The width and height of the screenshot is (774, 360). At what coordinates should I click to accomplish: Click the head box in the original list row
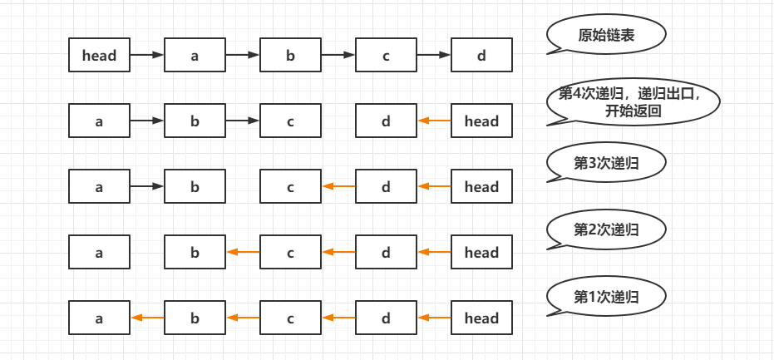coord(99,56)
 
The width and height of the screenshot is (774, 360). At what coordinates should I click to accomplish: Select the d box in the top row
coord(481,56)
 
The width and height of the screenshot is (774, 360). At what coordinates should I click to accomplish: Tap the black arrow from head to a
coord(147,56)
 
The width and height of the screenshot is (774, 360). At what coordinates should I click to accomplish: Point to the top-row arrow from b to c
coord(338,56)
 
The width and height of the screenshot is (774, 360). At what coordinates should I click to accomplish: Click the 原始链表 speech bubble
coord(607,35)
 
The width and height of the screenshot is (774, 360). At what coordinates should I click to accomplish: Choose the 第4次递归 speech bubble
coord(633,101)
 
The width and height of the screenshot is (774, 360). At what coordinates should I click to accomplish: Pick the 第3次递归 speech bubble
coord(607,163)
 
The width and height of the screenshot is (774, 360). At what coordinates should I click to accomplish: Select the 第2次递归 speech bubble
coord(607,229)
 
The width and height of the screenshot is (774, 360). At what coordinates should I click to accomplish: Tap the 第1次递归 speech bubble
coord(607,295)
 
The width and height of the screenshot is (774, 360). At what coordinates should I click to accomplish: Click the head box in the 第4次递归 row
coord(481,121)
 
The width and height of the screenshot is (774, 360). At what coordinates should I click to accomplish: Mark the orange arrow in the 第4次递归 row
coord(434,121)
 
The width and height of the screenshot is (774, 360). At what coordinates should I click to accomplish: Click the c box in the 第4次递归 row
coord(290,121)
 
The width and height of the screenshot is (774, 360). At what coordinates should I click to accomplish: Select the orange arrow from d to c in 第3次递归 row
coord(338,187)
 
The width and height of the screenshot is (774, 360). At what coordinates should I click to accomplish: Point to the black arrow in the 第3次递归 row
coord(147,187)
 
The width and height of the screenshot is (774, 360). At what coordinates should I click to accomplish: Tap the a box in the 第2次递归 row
coord(99,253)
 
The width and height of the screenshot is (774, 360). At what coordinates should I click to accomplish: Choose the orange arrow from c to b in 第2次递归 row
coord(243,253)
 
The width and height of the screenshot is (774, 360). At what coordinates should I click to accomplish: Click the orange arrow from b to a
coord(147,318)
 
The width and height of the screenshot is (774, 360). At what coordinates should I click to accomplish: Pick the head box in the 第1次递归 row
coord(481,318)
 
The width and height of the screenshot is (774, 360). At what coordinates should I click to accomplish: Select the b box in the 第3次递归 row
coord(195,187)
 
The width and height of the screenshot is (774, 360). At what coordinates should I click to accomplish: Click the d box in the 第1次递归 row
coord(386,318)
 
